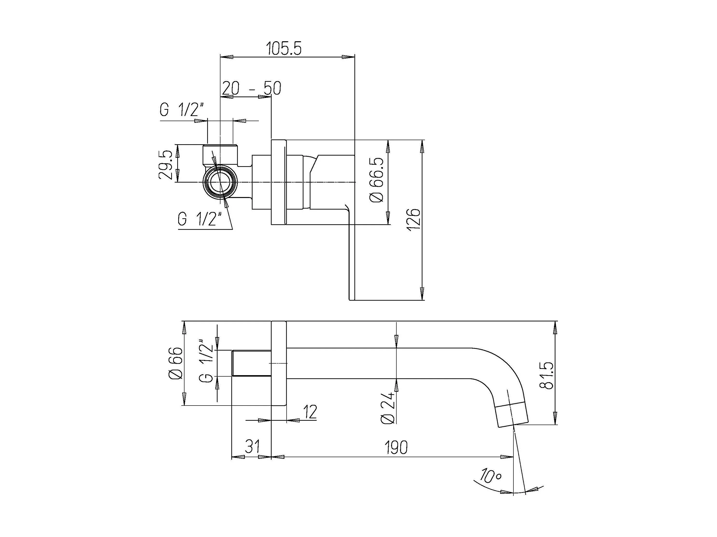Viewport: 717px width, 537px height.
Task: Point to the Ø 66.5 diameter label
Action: click(377, 180)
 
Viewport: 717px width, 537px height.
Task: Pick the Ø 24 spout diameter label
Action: click(388, 408)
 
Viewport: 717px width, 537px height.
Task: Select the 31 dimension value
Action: click(252, 447)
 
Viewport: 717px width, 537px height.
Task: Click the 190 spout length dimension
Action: click(396, 447)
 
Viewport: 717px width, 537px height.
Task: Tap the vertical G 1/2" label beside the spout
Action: click(206, 361)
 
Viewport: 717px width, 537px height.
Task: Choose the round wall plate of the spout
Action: click(279, 363)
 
